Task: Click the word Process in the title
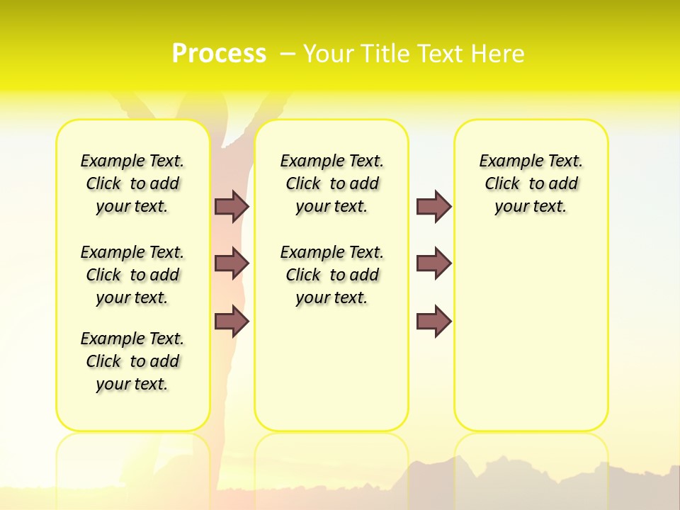coord(219,53)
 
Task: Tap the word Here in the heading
coord(496,54)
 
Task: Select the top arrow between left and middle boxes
coord(232,206)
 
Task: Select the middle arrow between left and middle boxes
coord(232,263)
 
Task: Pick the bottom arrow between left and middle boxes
coord(232,322)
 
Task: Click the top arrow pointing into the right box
coord(433,206)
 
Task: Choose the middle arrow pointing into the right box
coord(433,263)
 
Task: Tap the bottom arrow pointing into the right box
coord(433,322)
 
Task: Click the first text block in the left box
coord(132,183)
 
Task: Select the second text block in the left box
coord(132,275)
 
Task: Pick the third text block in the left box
coord(132,361)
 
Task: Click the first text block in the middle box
coord(331,183)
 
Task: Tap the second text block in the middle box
coord(331,275)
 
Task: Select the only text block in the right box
coord(531,183)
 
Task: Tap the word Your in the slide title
coord(329,54)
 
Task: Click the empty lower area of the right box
coord(531,340)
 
